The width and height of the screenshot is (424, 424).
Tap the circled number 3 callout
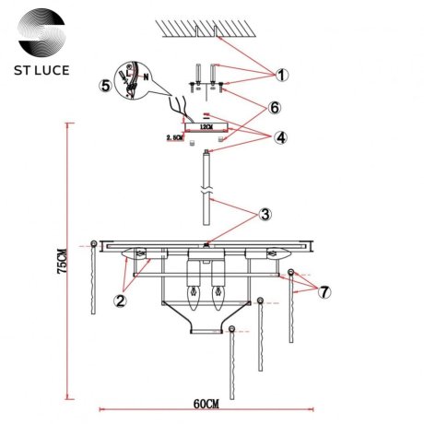coord(265,214)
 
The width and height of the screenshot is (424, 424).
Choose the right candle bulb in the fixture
coord(218,298)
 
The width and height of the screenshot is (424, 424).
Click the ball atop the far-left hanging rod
coord(93,245)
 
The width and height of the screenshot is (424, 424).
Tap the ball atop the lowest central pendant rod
coord(234,330)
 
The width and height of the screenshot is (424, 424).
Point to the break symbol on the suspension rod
coord(207,195)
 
